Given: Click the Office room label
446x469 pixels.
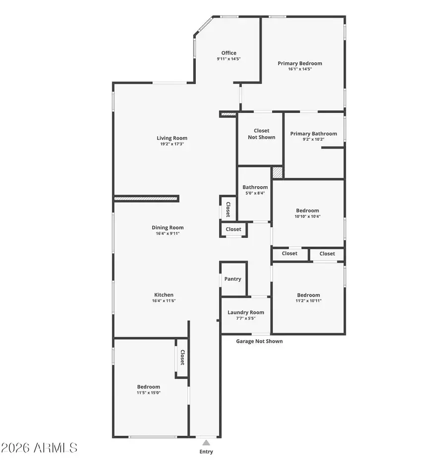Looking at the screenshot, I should click(228, 53).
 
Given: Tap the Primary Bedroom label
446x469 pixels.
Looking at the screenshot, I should click(299, 63).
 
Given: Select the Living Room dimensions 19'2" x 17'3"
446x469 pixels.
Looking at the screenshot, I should click(172, 144).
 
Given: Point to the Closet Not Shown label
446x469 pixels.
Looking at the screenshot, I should click(261, 134).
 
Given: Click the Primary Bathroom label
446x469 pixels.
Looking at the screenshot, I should click(313, 134).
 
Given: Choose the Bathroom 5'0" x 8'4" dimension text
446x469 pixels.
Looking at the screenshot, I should click(255, 193).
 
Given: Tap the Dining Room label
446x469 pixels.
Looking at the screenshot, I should click(167, 228).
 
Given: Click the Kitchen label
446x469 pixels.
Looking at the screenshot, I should click(163, 295).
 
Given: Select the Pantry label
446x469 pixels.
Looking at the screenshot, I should click(232, 279).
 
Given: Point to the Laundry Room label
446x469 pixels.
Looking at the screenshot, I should click(245, 313).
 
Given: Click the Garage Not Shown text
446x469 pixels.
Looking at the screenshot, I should click(259, 341).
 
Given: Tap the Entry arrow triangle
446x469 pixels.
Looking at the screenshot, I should click(206, 442).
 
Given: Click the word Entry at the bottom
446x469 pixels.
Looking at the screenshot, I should click(206, 452).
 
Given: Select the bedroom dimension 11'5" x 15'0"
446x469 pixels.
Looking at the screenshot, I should click(148, 393).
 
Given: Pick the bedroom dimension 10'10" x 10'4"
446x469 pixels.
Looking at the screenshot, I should click(307, 216).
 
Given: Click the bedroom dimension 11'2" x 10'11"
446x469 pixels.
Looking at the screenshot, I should click(308, 301).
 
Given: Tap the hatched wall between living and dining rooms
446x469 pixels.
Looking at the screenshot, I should click(146, 199).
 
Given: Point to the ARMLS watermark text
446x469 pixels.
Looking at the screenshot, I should click(39, 448).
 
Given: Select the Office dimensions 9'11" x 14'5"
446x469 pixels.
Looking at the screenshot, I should click(228, 59).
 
